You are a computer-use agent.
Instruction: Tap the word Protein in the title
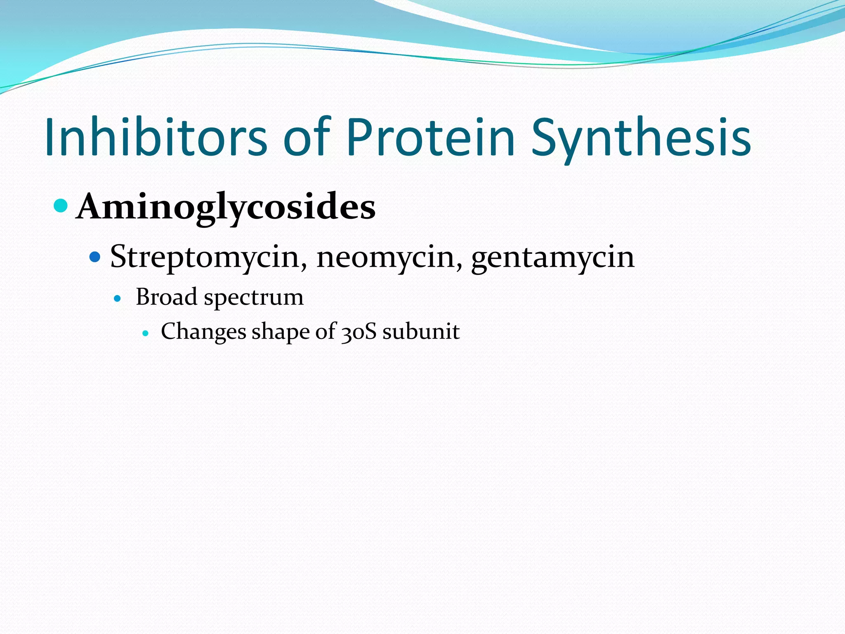(431, 137)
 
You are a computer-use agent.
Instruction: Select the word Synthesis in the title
(641, 137)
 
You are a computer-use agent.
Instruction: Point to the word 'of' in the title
(307, 137)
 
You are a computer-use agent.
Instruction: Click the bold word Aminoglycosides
(226, 207)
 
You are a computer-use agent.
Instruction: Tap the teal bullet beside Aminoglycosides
(61, 206)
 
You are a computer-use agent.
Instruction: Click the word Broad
(167, 297)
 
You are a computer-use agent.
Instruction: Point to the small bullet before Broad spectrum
(118, 298)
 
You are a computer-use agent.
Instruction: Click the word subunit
(421, 331)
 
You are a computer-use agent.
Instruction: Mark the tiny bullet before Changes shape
(145, 333)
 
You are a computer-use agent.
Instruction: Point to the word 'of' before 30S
(326, 331)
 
